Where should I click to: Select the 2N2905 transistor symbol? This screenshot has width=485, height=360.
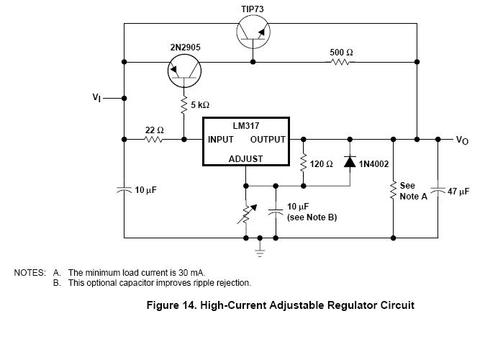pos(184,71)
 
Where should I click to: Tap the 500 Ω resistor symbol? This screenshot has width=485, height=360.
pos(340,62)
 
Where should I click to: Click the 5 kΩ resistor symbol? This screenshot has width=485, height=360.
pos(184,105)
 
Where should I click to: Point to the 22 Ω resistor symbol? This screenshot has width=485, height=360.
pos(154,139)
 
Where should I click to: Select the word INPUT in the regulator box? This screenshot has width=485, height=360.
pos(221,140)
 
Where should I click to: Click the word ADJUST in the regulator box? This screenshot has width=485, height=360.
pos(245,158)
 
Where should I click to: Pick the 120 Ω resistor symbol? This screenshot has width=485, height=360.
pos(303,163)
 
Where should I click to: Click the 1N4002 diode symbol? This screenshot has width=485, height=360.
pos(350,163)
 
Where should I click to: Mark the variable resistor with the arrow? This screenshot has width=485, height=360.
pos(246,212)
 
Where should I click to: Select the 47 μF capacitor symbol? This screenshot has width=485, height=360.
pos(438,192)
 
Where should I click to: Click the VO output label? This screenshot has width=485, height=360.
pos(462,140)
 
